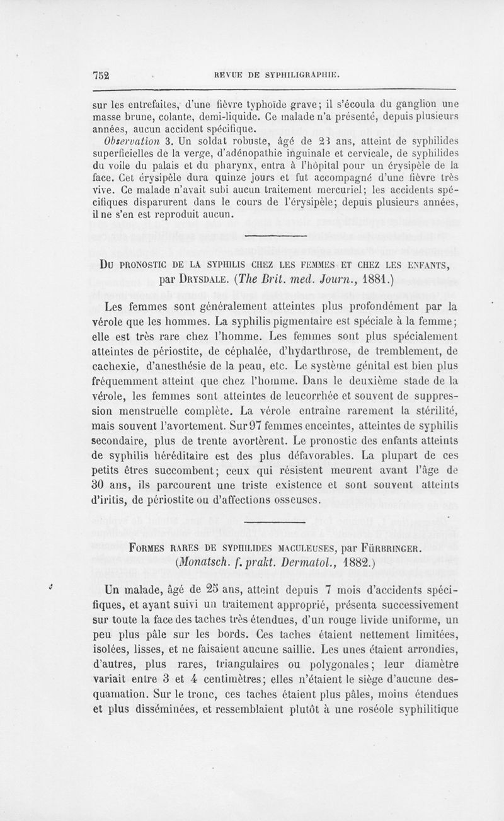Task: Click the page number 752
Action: tap(101, 74)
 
